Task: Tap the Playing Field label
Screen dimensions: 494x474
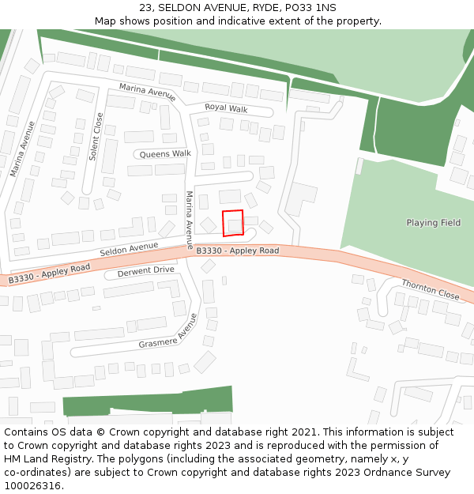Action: pyautogui.click(x=433, y=223)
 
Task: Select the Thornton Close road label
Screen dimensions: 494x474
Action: pyautogui.click(x=430, y=289)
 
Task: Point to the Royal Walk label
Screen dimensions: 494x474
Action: pyautogui.click(x=226, y=107)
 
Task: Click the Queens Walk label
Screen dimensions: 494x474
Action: pyautogui.click(x=165, y=153)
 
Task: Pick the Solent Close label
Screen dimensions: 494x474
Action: pyautogui.click(x=96, y=137)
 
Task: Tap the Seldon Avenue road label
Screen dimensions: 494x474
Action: pyautogui.click(x=129, y=250)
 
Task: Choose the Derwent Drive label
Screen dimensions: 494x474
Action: pyautogui.click(x=145, y=270)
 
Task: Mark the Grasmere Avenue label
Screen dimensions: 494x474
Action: pyautogui.click(x=167, y=331)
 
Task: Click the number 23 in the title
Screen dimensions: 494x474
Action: pyautogui.click(x=146, y=8)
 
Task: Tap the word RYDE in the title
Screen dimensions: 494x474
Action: pyautogui.click(x=257, y=8)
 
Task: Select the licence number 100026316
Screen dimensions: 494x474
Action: pyautogui.click(x=34, y=486)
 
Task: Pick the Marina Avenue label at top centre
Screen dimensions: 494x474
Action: pyautogui.click(x=147, y=92)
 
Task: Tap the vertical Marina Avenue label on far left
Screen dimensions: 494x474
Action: pyautogui.click(x=23, y=149)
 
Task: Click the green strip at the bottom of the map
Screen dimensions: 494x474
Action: pyautogui.click(x=148, y=402)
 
